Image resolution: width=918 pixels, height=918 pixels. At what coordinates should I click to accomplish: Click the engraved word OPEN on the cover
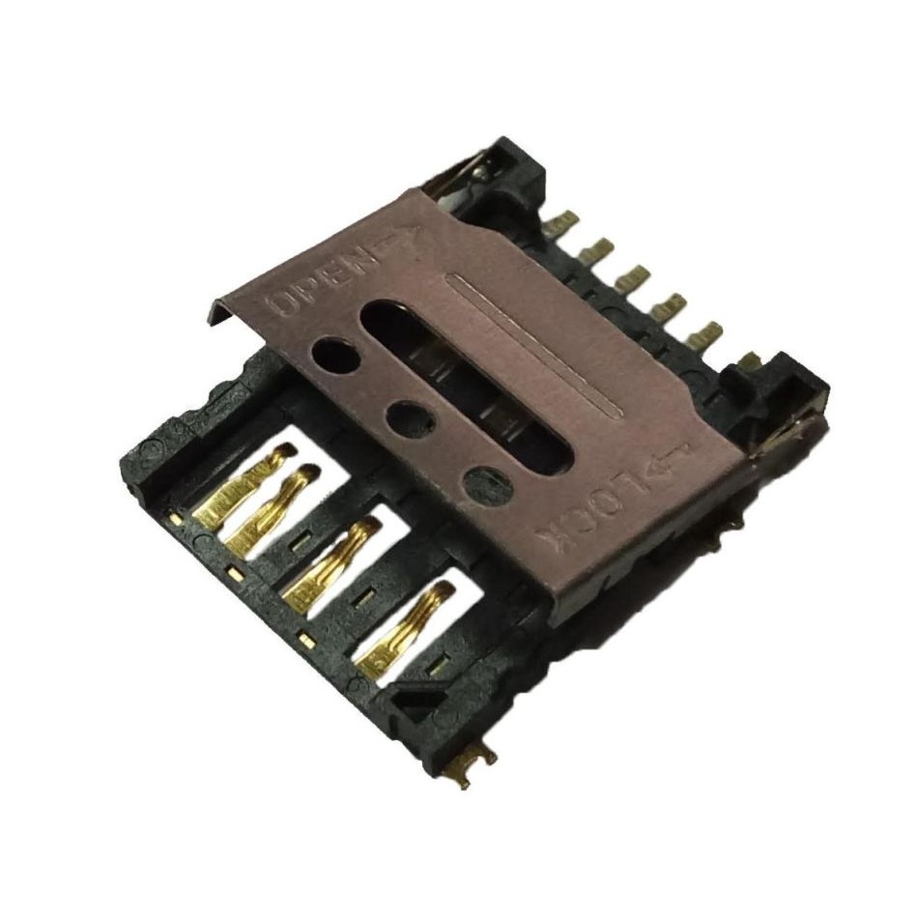click(x=322, y=281)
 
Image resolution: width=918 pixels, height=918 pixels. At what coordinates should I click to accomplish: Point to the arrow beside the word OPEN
click(x=399, y=242)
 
